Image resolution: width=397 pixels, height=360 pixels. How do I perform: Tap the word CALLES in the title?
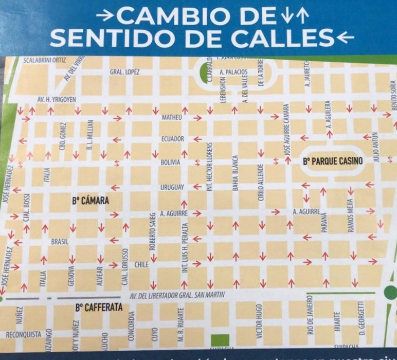(x=275, y=38)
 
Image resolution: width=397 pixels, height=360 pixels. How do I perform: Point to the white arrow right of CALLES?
(x=340, y=38)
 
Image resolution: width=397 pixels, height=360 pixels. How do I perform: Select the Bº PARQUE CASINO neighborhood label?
(x=332, y=161)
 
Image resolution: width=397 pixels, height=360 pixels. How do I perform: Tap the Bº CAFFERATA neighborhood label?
(x=99, y=308)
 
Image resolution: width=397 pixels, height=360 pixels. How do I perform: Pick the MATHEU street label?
(x=172, y=118)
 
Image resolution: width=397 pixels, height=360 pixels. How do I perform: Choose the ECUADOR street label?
(x=172, y=139)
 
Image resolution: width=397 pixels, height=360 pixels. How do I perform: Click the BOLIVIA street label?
(x=171, y=162)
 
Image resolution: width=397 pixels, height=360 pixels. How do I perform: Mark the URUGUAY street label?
(x=172, y=187)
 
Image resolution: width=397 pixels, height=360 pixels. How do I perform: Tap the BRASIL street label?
(x=59, y=241)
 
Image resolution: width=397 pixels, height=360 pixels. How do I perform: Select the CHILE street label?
(x=141, y=264)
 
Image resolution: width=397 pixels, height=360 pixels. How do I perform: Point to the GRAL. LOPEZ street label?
(x=124, y=72)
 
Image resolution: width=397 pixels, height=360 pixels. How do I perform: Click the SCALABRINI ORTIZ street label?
(x=45, y=60)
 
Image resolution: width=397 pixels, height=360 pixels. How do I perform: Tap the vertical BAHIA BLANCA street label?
(x=236, y=173)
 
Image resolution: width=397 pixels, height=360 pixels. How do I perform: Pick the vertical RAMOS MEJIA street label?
(x=351, y=215)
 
